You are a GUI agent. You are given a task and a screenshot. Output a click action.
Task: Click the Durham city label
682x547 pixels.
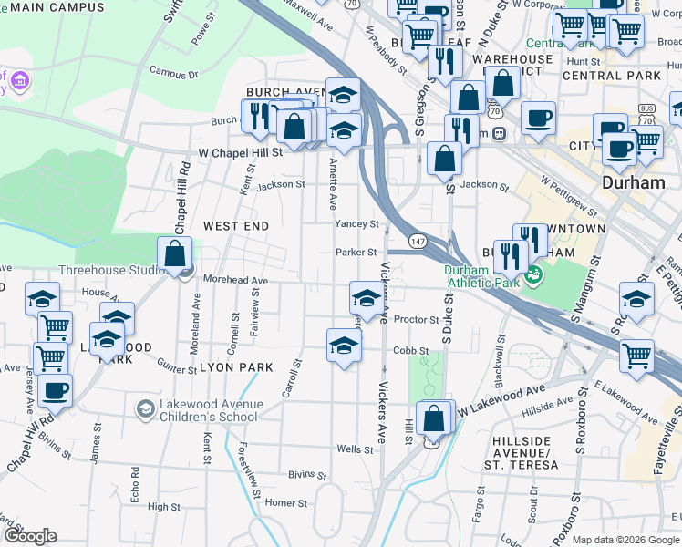(x=634, y=182)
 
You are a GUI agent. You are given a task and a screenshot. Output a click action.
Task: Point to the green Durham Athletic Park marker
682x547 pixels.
(x=533, y=273)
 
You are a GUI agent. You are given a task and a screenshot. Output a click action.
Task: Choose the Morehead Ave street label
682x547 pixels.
(x=235, y=281)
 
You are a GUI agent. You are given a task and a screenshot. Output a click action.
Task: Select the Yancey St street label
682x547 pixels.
(x=356, y=223)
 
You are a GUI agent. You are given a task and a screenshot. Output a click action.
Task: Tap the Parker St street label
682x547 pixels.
(x=356, y=253)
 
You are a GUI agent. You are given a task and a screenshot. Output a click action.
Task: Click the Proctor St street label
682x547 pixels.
(x=417, y=320)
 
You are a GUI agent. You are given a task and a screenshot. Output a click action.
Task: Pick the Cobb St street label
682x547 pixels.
(x=410, y=350)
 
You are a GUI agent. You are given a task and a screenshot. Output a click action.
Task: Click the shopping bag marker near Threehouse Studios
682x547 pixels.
(x=174, y=254)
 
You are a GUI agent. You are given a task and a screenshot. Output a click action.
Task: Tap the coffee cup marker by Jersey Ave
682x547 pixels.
(x=55, y=390)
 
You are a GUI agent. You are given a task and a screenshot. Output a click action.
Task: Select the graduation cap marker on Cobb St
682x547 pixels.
(x=344, y=346)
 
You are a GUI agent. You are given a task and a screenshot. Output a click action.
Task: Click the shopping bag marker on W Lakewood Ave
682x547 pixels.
(x=435, y=418)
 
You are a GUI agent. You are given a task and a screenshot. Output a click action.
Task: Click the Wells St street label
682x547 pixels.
(x=355, y=449)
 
